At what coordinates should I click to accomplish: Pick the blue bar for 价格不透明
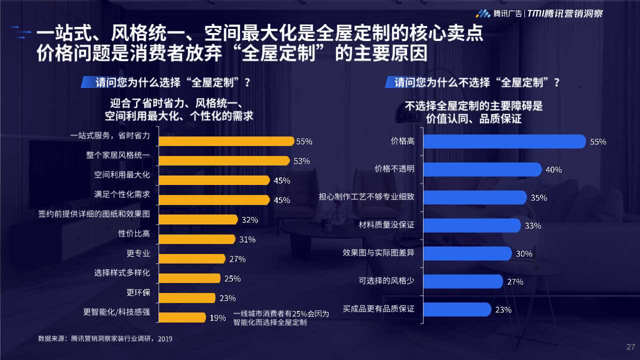point(482,169)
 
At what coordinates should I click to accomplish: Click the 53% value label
point(301,161)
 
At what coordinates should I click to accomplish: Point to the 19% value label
point(217,317)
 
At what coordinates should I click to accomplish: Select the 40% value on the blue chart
point(553,169)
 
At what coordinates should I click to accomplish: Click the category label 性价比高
point(134,233)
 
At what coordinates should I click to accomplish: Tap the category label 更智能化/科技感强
point(116,312)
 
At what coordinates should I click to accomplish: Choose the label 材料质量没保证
point(386,225)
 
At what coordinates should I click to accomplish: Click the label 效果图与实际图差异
point(378,253)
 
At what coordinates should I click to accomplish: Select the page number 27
point(630,347)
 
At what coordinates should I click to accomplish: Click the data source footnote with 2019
point(105,339)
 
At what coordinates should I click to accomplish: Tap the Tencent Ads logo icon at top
point(482,13)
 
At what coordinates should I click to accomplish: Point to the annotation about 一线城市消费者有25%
point(281,318)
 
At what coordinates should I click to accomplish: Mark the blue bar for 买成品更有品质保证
point(457,309)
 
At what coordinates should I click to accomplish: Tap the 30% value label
point(524,253)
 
